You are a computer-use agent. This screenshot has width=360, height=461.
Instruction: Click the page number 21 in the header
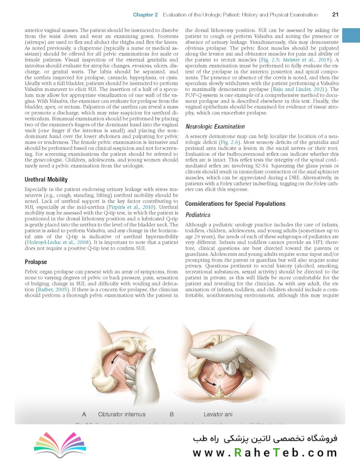click(x=335, y=15)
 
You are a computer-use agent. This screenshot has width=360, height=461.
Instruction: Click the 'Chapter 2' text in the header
click(x=145, y=15)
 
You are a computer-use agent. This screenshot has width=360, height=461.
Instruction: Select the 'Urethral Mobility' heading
click(x=46, y=179)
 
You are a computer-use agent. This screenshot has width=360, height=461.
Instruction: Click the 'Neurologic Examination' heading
click(x=215, y=126)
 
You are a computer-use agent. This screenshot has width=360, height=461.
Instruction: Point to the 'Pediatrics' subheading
click(x=197, y=215)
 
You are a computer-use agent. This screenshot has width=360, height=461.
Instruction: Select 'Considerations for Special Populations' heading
click(x=235, y=204)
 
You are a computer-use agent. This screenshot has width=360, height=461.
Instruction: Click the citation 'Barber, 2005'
click(x=51, y=289)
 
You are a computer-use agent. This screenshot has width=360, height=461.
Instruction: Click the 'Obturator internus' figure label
click(x=122, y=414)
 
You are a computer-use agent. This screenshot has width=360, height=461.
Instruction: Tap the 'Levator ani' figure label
click(x=218, y=414)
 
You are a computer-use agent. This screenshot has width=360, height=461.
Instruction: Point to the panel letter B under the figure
click(x=171, y=414)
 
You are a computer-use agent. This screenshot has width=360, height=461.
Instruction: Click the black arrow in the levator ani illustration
click(x=209, y=381)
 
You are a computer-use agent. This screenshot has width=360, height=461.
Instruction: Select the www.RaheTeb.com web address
click(x=265, y=452)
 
